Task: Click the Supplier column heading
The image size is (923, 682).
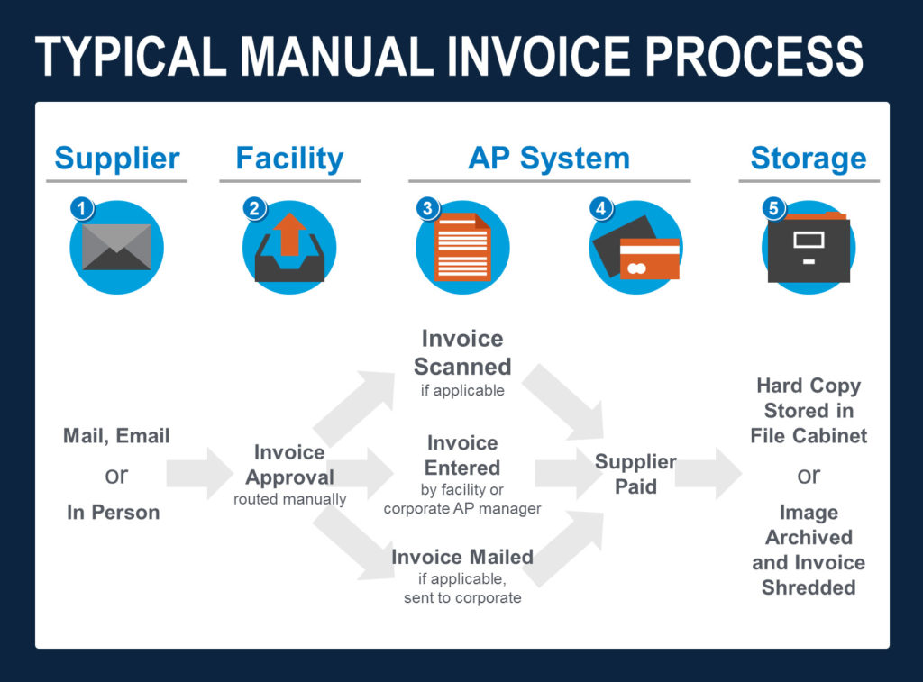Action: [x=116, y=159]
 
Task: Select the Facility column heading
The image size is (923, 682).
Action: [x=289, y=159]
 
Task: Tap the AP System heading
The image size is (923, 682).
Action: [x=548, y=159]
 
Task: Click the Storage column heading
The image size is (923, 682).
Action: [x=808, y=159]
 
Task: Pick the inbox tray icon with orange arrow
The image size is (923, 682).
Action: [x=289, y=247]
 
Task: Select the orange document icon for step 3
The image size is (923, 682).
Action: [x=462, y=247]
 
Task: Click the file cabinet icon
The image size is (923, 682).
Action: [x=808, y=247]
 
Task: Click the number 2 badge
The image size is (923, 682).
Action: [x=254, y=208]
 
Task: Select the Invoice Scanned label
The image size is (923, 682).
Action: [x=462, y=353]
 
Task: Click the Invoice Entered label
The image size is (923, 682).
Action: [x=462, y=456]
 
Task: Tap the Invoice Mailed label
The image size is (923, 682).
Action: [x=462, y=558]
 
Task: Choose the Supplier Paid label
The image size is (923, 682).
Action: [x=635, y=474]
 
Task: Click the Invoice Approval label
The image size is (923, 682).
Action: [x=289, y=465]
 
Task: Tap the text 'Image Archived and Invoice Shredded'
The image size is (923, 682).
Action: [x=808, y=550]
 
